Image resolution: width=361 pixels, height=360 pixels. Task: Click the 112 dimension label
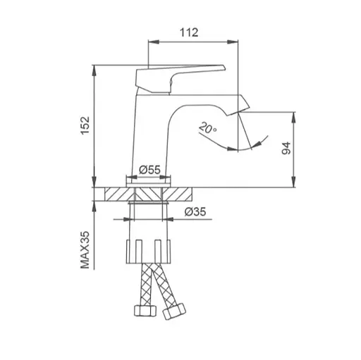point(189,32)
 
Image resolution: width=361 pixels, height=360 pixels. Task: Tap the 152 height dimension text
point(85,125)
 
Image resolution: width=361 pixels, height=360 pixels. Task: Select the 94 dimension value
point(286,148)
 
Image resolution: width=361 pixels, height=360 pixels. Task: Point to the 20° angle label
point(207,128)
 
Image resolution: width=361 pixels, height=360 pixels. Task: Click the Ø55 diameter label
point(149,170)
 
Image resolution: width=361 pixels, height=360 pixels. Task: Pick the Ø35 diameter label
point(195,212)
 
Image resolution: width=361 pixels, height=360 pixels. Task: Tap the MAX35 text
point(85,250)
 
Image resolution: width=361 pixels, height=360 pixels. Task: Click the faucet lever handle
point(180,78)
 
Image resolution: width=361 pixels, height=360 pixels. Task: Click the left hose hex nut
point(145,311)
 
